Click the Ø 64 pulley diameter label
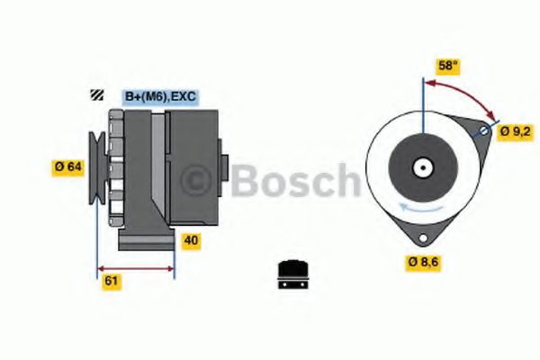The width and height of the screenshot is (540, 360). [68, 166]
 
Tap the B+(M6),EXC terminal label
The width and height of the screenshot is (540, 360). [160, 96]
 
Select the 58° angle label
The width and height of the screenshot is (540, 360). [448, 66]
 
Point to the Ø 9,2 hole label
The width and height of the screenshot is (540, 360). [516, 131]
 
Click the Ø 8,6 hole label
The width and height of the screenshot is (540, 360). [423, 262]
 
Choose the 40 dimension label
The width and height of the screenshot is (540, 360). [191, 240]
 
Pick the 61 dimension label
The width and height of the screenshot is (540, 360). [112, 281]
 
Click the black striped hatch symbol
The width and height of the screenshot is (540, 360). [97, 94]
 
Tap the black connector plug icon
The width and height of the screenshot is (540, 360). [293, 274]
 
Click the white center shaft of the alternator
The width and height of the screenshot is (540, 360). [423, 168]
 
